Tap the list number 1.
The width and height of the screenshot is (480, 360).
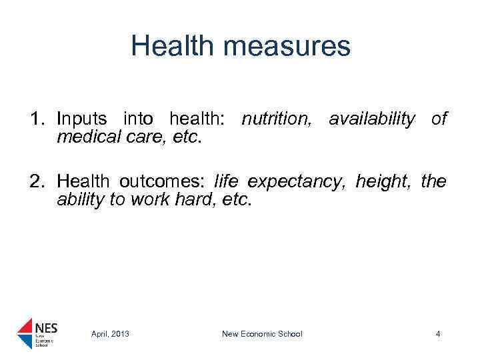(x=37, y=119)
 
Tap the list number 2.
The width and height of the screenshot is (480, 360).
(x=37, y=181)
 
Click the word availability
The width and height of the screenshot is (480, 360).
(x=371, y=119)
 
